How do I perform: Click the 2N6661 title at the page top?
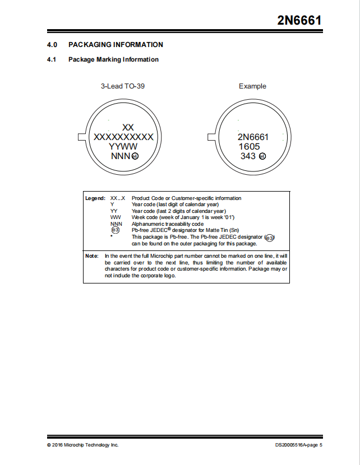click(299, 21)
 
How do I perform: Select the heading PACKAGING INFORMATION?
click(116, 45)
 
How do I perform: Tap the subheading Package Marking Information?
click(113, 59)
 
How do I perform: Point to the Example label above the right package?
click(252, 86)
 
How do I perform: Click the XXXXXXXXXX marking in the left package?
click(123, 137)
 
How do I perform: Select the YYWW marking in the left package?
click(123, 146)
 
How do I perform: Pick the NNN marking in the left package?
click(120, 156)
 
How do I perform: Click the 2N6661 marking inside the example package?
click(253, 137)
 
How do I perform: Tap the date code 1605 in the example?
click(250, 147)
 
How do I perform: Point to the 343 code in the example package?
click(248, 156)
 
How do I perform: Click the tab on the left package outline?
click(80, 137)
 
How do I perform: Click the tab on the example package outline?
click(211, 137)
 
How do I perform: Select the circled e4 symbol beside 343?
click(262, 156)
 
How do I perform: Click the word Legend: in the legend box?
click(95, 198)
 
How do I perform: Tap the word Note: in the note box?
click(92, 256)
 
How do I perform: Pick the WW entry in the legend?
click(116, 217)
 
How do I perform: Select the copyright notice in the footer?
click(83, 445)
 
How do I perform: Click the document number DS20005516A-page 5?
click(299, 445)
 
